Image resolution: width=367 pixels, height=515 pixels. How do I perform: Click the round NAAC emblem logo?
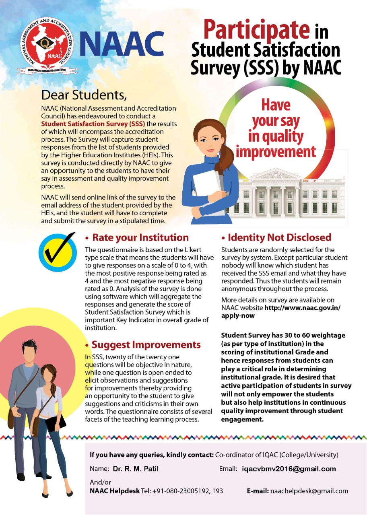coord(47,45)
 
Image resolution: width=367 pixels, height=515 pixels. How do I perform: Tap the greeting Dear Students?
coord(84,95)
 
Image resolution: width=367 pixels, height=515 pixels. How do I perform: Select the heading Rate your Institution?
coord(140,237)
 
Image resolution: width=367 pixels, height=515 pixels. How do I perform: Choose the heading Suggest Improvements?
coord(146,345)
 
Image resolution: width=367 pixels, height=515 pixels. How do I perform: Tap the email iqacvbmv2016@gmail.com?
coord(289,469)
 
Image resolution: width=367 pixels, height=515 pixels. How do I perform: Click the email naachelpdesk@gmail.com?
coord(309,491)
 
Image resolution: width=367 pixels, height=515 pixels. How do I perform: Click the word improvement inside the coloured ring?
coord(276,152)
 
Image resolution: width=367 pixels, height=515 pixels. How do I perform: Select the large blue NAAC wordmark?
coord(122,43)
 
